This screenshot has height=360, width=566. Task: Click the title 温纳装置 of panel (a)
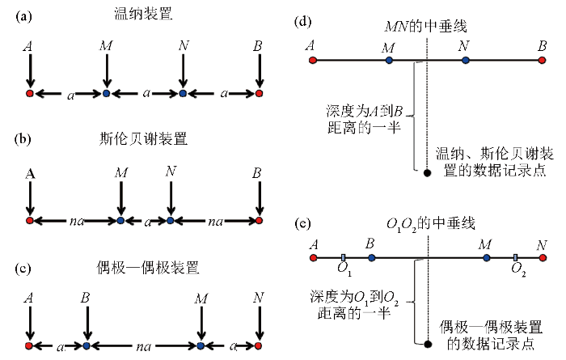point(143,14)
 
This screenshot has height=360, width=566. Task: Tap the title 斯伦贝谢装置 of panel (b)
point(143,138)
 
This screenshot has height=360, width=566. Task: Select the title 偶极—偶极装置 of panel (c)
point(148,268)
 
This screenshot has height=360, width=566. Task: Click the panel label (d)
point(302,22)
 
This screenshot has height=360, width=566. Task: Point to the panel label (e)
point(302,224)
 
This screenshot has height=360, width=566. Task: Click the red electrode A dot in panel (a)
point(30,94)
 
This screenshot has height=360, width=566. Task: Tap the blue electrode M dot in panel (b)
point(121,220)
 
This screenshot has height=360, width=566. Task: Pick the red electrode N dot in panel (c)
point(258,346)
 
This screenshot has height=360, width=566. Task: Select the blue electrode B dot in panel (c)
point(87,346)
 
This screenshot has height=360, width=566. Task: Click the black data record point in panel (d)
point(428,173)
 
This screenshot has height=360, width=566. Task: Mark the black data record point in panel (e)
point(428,344)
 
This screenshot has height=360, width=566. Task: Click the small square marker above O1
point(343,257)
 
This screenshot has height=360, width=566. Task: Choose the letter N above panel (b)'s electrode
point(171,171)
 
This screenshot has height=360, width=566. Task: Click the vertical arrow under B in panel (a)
point(259,71)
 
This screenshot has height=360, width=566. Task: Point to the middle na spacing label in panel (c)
point(143,347)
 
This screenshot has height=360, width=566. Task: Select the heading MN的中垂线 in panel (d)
point(425,26)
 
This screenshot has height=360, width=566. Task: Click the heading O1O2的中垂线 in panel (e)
point(430,225)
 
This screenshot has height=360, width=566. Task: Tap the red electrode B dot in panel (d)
point(542,61)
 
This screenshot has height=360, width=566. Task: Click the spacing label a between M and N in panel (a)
point(146,93)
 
